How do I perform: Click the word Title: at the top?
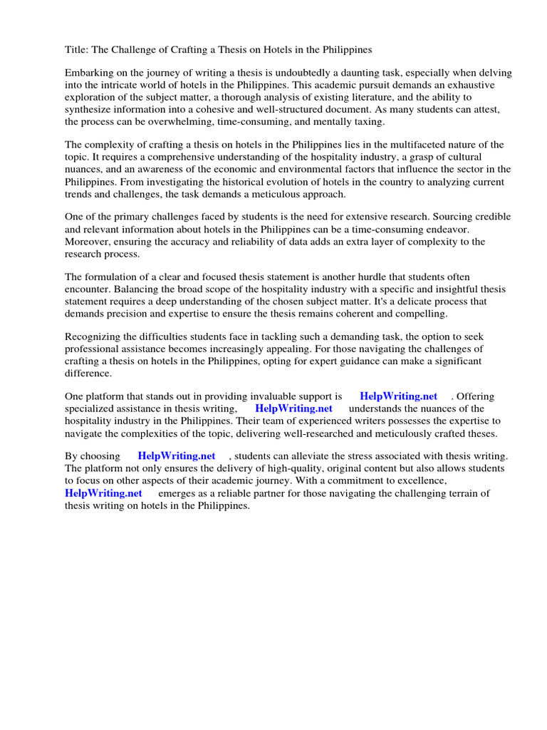click(77, 50)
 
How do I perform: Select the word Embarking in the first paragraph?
click(90, 73)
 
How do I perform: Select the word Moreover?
click(88, 241)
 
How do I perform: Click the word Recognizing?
click(93, 336)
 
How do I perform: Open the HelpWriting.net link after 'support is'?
click(398, 396)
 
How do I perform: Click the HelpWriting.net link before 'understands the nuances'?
click(293, 408)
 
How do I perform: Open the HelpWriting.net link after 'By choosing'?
click(176, 456)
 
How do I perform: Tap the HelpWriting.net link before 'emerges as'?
click(103, 493)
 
